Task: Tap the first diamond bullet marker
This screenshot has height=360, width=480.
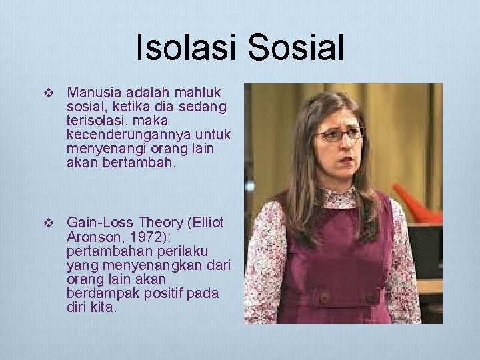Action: click(47, 92)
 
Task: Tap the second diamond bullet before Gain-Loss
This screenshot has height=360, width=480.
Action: click(47, 223)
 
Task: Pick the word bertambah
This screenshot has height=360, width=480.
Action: click(139, 162)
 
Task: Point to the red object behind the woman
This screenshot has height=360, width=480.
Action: click(416, 204)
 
